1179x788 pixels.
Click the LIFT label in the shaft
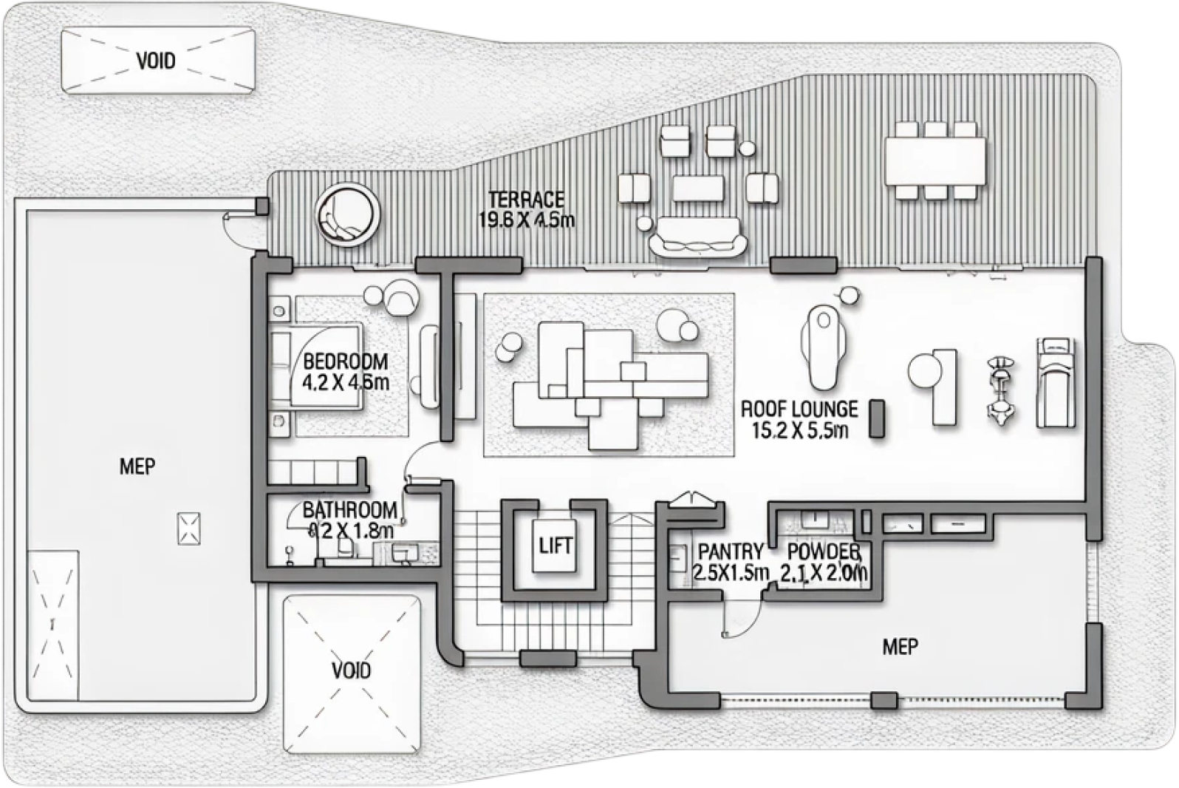[x=556, y=546]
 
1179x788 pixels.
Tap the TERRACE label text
[x=526, y=199]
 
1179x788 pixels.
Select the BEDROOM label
[x=346, y=362]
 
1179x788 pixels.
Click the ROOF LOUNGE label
[x=799, y=409]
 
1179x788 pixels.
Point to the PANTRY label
[x=731, y=551]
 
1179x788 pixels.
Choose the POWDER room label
[x=824, y=551]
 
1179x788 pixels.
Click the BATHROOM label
[x=349, y=510]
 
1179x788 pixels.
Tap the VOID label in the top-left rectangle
[x=157, y=61]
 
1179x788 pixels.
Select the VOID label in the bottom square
[x=351, y=670]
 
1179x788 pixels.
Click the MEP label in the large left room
[x=137, y=466]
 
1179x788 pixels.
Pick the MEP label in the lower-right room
[x=901, y=647]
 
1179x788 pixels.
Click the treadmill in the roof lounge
[x=1054, y=382]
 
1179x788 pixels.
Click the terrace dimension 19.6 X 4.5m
[x=526, y=220]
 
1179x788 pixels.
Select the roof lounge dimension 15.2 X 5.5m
[x=799, y=430]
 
